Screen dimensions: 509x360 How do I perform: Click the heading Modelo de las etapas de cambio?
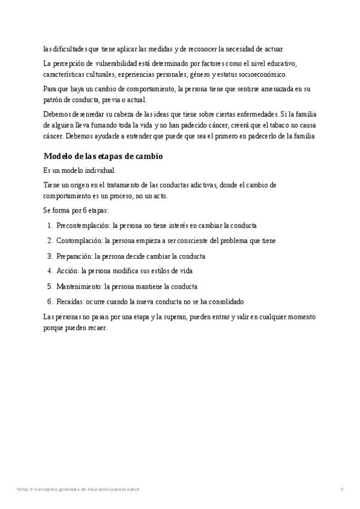tap(103, 156)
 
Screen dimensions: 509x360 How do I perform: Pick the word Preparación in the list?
tap(74, 256)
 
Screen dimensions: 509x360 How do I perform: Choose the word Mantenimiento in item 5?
tap(78, 286)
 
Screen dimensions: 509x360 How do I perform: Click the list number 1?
tap(49, 226)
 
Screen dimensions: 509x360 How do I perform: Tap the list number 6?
tap(49, 301)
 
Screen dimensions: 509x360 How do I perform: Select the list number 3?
tap(49, 256)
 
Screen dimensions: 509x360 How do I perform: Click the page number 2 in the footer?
tap(341, 490)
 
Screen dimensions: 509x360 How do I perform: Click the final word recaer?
tap(97, 327)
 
